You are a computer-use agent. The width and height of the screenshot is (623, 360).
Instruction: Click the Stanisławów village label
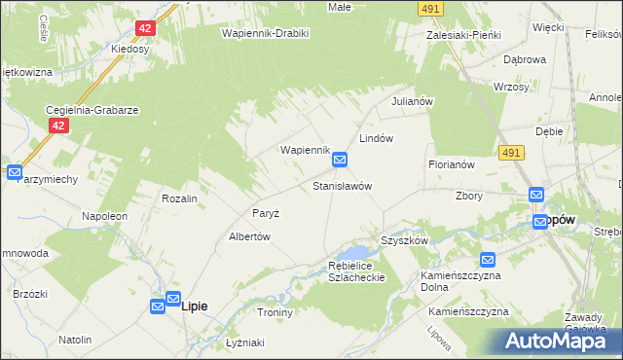[342, 185]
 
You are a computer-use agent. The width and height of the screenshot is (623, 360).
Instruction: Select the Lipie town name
[195, 306]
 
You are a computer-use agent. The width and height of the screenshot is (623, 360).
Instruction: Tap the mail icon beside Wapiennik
[340, 158]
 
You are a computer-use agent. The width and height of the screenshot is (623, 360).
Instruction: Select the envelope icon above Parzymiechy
[15, 173]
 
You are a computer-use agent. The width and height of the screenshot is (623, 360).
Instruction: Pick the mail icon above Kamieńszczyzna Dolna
[488, 260]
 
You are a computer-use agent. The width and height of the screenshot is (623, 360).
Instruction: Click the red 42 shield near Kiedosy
[145, 30]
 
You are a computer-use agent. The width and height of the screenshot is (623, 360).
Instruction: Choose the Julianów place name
[412, 100]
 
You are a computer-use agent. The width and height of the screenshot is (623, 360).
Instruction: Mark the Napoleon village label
[104, 215]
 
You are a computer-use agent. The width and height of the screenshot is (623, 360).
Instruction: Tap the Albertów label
[248, 236]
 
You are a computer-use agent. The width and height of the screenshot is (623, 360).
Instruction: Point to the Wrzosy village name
[511, 87]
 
